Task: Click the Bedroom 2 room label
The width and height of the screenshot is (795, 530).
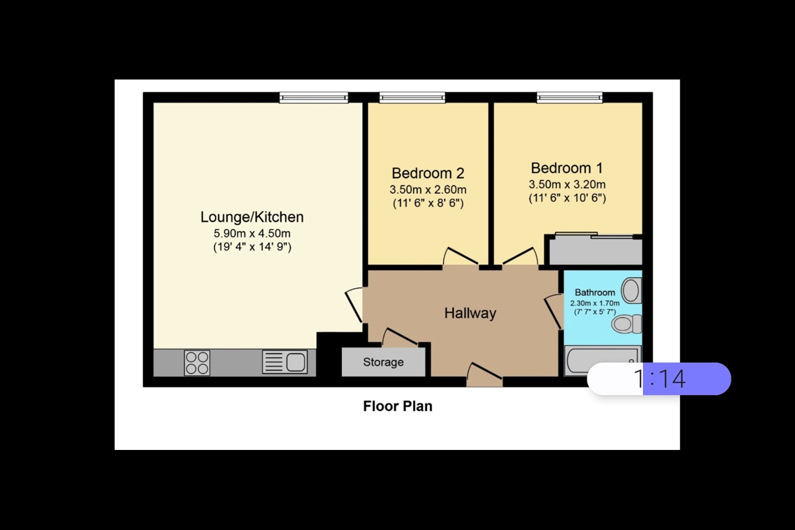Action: [428, 173]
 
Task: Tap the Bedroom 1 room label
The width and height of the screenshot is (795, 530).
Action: [566, 168]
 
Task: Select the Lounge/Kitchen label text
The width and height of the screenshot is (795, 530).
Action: [252, 217]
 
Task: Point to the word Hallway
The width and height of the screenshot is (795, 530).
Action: [470, 313]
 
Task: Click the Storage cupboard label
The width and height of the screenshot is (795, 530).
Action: [383, 362]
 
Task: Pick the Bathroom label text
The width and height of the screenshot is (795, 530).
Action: [595, 293]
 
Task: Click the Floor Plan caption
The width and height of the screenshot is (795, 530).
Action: [397, 406]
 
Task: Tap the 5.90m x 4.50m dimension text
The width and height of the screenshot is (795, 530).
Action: [252, 234]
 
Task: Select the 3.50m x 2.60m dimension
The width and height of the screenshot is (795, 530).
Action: [428, 189]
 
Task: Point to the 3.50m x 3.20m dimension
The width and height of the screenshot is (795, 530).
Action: [567, 184]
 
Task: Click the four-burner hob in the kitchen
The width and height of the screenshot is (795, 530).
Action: [197, 363]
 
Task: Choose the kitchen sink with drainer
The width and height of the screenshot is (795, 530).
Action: [285, 362]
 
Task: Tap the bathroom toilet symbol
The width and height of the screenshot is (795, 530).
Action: [627, 324]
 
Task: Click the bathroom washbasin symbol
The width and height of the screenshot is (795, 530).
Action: [632, 290]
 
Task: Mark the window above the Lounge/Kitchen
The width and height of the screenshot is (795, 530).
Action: [314, 98]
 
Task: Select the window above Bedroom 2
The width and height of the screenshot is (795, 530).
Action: [412, 98]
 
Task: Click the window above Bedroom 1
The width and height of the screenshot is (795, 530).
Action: [570, 98]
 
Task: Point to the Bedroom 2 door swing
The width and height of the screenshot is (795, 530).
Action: [460, 257]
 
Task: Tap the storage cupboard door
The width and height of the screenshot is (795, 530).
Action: [399, 337]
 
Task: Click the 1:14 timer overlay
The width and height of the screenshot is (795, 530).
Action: [659, 379]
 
